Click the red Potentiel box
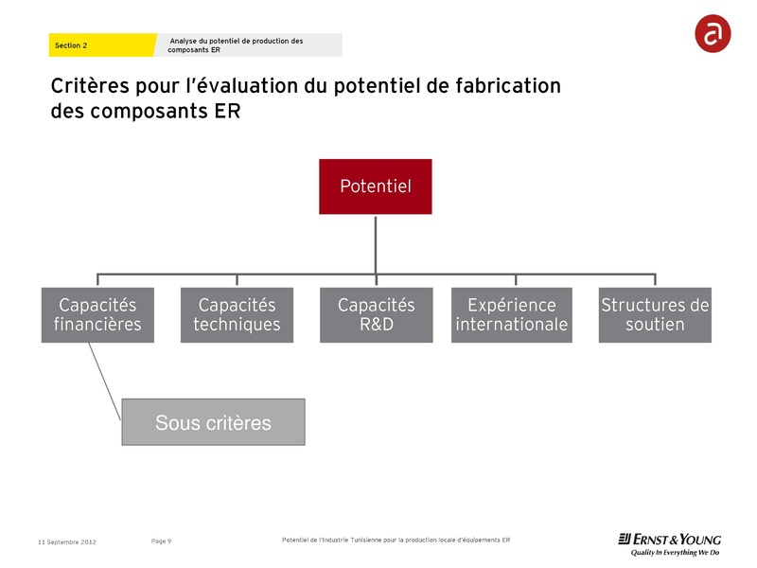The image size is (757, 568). pyautogui.click(x=375, y=186)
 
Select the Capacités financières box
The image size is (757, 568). pyautogui.click(x=97, y=314)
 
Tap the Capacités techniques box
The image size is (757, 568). pyautogui.click(x=237, y=314)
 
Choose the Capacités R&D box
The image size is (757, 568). pyautogui.click(x=376, y=314)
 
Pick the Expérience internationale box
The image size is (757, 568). pyautogui.click(x=511, y=314)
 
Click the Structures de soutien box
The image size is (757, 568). pyautogui.click(x=654, y=314)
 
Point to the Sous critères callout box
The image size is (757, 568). pyautogui.click(x=213, y=422)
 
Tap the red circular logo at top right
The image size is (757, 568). pyautogui.click(x=712, y=34)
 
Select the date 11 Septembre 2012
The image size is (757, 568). pyautogui.click(x=66, y=541)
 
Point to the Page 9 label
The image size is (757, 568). pyautogui.click(x=161, y=541)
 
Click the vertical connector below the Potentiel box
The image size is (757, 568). pyautogui.click(x=376, y=243)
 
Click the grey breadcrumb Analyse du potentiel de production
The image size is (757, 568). pyautogui.click(x=248, y=44)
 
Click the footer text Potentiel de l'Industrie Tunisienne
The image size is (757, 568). pyautogui.click(x=396, y=540)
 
